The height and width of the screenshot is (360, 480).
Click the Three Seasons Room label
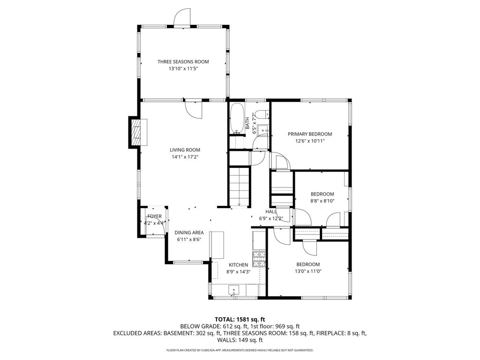pyautogui.click(x=183, y=61)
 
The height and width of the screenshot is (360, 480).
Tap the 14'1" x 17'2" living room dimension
pyautogui.click(x=185, y=157)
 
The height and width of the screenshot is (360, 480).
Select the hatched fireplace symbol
pyautogui.click(x=136, y=133)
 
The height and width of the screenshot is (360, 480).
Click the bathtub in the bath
pyautogui.click(x=236, y=118)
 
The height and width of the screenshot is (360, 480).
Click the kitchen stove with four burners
pyautogui.click(x=259, y=258)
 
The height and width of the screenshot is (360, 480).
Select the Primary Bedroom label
pyautogui.click(x=310, y=134)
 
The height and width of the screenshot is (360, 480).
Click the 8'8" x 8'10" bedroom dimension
pyautogui.click(x=322, y=201)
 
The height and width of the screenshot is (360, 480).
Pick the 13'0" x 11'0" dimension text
pyautogui.click(x=308, y=271)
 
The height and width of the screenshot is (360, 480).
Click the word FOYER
pyautogui.click(x=154, y=216)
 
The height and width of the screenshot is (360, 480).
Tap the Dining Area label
pyautogui.click(x=189, y=232)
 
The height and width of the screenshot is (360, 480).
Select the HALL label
pyautogui.click(x=271, y=211)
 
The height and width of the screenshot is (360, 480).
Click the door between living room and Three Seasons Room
pyautogui.click(x=193, y=110)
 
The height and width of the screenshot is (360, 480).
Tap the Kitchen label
pyautogui.click(x=238, y=265)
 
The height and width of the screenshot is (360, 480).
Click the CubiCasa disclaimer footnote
pyautogui.click(x=240, y=350)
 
